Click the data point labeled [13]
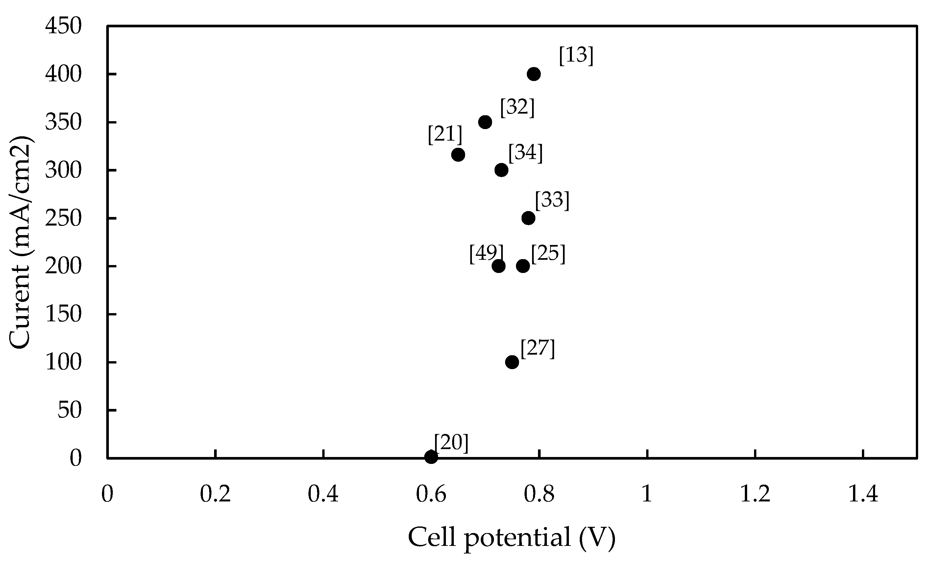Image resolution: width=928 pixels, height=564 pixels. click(534, 74)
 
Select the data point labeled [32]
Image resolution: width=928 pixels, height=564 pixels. click(485, 122)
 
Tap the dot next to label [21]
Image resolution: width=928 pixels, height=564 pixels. click(458, 154)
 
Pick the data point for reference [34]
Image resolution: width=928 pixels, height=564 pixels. click(501, 170)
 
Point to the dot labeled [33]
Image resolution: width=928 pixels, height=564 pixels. click(528, 218)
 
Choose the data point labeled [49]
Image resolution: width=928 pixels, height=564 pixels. click(498, 266)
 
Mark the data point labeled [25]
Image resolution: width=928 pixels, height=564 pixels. click(523, 266)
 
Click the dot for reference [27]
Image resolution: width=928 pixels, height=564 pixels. click(512, 362)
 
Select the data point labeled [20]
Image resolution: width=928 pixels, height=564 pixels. click(431, 457)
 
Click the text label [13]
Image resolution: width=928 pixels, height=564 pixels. click(576, 55)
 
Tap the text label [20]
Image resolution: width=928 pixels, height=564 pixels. click(451, 443)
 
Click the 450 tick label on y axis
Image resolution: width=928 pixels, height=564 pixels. click(63, 26)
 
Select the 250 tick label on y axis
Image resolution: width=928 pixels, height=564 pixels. click(63, 219)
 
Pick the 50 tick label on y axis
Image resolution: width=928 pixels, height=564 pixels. click(69, 410)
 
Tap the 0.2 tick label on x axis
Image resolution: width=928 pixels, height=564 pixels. click(215, 494)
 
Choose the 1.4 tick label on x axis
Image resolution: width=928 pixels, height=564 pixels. click(863, 494)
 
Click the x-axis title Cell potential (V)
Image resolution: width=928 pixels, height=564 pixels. click(511, 537)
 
